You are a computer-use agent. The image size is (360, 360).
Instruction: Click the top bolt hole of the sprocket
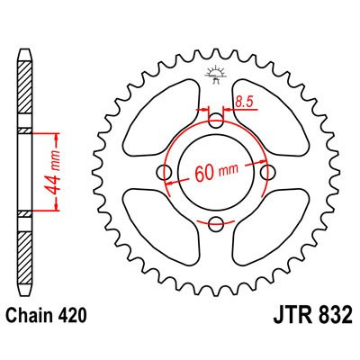coord(215,121)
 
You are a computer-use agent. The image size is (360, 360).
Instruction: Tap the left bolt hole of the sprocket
coord(164,172)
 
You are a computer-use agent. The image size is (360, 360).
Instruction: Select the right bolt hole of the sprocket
coord(266,172)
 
